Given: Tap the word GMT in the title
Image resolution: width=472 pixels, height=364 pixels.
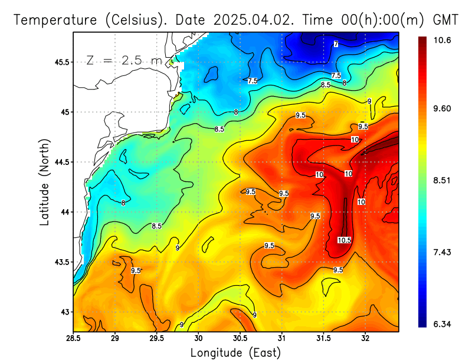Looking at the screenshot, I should [x=446, y=19].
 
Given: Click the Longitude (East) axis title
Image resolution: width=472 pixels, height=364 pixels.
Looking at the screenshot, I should [x=235, y=352].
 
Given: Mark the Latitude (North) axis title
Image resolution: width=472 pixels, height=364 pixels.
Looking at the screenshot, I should [x=44, y=181].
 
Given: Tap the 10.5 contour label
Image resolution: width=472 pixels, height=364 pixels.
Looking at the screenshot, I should [x=345, y=240].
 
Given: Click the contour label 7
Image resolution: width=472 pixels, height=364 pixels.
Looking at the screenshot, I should [x=336, y=44].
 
